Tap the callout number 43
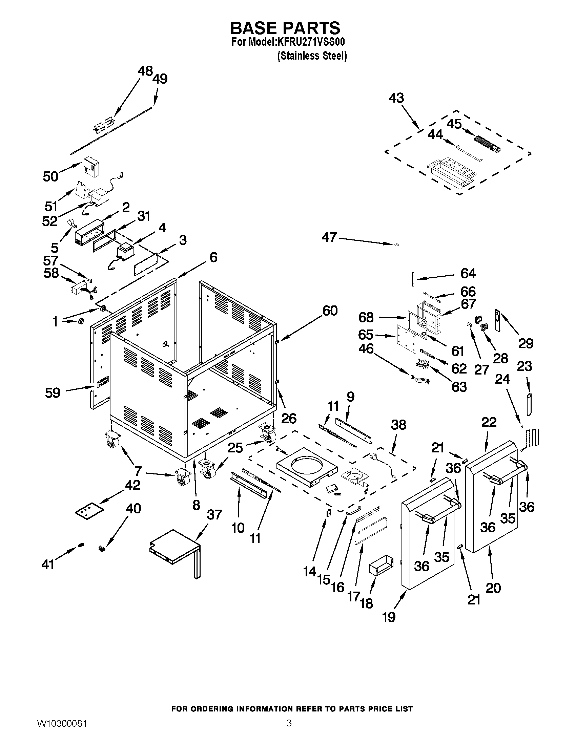396,98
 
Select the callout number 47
329,237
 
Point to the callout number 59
53,392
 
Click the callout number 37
214,514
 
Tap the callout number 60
330,311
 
